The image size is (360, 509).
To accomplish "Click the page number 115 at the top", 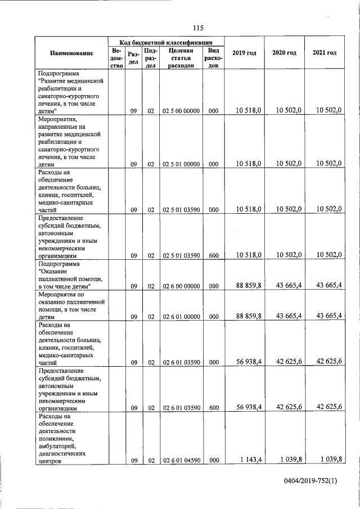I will [x=197, y=29].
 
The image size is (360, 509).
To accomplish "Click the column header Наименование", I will [x=71, y=53].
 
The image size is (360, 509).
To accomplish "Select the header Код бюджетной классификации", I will [x=166, y=42].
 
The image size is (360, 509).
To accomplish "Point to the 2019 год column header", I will [x=244, y=53].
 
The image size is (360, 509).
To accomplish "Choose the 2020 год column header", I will [x=284, y=53].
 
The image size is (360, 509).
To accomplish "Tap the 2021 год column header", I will [x=325, y=53].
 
